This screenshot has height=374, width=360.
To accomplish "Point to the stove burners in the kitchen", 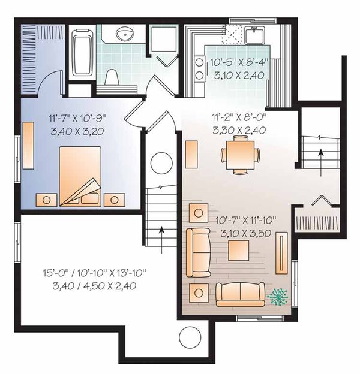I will [199, 69].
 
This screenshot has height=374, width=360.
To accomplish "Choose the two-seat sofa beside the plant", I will [239, 293].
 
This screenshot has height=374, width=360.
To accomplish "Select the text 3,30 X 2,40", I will [239, 129].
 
